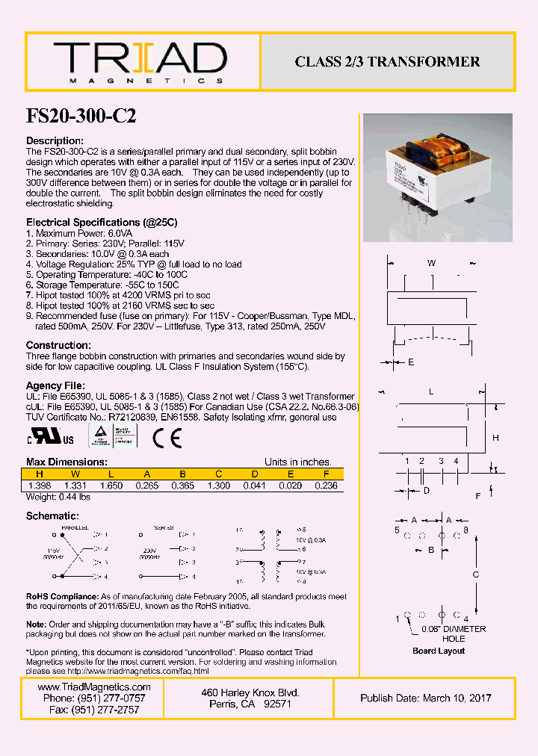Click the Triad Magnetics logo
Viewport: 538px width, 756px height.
click(x=140, y=62)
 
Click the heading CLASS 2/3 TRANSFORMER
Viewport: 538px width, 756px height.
click(x=387, y=62)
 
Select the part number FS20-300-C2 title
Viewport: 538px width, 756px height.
click(x=81, y=117)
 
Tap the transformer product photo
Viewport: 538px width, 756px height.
click(x=437, y=178)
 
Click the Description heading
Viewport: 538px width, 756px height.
click(x=55, y=141)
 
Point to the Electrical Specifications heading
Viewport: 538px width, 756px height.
click(x=102, y=223)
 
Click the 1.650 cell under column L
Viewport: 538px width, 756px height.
click(x=111, y=486)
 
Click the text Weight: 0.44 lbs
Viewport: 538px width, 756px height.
click(x=58, y=497)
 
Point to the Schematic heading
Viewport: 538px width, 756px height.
click(x=52, y=516)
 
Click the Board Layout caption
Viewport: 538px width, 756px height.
click(x=439, y=651)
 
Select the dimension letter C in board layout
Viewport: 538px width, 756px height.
click(x=475, y=574)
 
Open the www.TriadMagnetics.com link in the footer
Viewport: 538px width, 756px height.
click(x=93, y=687)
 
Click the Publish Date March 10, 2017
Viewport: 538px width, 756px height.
click(x=425, y=698)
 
